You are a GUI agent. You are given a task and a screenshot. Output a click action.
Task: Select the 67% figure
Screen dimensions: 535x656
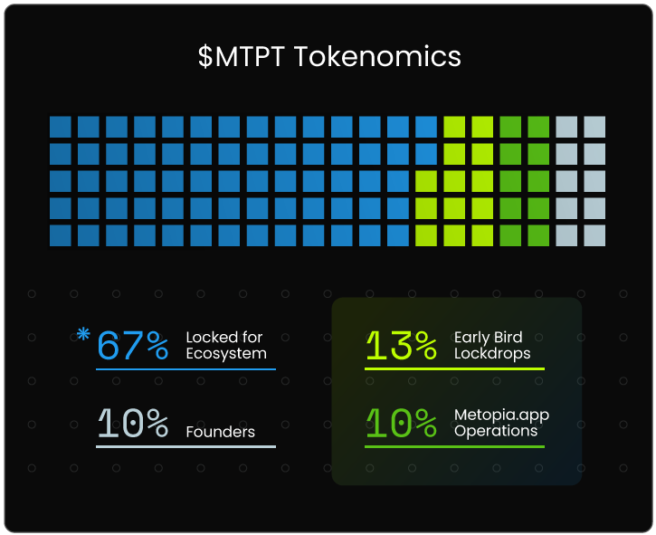pos(133,345)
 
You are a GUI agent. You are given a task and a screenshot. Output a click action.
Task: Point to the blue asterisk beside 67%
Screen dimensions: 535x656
pos(83,334)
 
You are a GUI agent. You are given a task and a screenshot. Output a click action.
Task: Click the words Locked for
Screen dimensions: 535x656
pos(224,338)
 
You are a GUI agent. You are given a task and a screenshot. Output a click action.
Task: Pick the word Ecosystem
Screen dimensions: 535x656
pos(226,353)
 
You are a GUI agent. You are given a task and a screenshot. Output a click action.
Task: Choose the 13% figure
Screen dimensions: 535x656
pos(401,345)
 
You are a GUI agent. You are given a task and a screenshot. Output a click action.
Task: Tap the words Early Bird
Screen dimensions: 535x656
pos(489,338)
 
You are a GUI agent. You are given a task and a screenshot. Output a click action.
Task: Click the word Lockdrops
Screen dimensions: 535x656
pos(492,353)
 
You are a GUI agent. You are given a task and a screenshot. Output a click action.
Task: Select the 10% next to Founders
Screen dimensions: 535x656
pos(133,423)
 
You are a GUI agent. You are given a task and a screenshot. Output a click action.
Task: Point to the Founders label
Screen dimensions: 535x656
pos(220,432)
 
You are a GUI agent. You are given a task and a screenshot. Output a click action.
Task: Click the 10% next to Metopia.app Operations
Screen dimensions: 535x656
pos(401,423)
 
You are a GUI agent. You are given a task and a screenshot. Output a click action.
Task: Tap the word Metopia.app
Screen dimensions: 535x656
pos(501,416)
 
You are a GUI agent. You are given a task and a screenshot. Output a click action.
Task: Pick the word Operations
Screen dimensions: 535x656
pos(496,431)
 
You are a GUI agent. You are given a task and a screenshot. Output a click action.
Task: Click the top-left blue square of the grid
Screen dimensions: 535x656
pos(61,127)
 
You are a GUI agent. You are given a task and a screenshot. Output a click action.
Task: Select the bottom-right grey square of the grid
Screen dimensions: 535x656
pos(594,236)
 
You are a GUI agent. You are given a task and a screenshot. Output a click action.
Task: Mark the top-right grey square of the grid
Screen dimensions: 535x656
pos(594,127)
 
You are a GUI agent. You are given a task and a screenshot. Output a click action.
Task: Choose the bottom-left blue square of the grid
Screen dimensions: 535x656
pos(61,236)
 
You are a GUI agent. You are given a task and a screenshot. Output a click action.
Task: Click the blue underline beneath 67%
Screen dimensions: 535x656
pos(185,368)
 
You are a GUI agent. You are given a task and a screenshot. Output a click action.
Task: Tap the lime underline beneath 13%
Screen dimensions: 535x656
pos(454,368)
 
